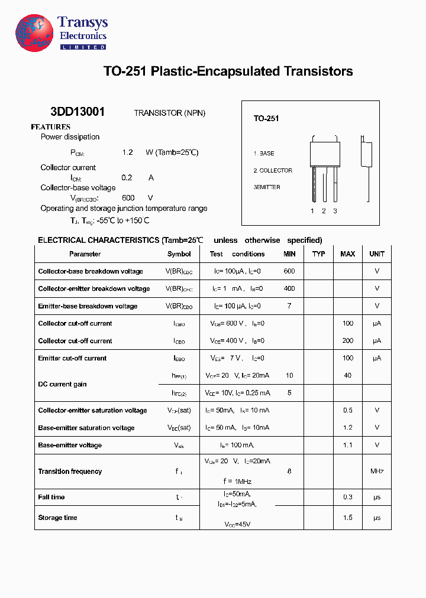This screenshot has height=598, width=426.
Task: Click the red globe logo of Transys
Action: [x=34, y=34]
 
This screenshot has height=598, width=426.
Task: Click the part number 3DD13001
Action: [x=78, y=112]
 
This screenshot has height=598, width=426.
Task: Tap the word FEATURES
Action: [x=50, y=127]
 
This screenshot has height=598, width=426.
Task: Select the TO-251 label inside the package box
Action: [x=266, y=119]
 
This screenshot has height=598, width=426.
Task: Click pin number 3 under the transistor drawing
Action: [x=335, y=211]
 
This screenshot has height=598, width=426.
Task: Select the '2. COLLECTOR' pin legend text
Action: [x=273, y=171]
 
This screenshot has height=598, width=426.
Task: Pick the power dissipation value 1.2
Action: [x=127, y=152]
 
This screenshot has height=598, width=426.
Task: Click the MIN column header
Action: [x=289, y=254]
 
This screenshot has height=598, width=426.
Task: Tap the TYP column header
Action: [x=318, y=254]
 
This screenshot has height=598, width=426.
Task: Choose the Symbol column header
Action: [x=179, y=254]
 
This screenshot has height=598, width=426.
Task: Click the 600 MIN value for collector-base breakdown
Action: [x=289, y=271]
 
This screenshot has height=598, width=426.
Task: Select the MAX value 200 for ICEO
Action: [x=347, y=341]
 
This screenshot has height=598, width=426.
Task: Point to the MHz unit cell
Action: [x=377, y=472]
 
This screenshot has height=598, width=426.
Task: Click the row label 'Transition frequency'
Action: [x=70, y=472]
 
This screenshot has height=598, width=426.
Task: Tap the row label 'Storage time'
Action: [x=57, y=518]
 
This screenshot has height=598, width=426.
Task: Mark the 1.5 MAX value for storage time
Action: [x=347, y=518]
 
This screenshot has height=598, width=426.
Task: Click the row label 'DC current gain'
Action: [x=62, y=384]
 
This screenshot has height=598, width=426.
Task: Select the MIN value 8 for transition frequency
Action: [x=289, y=472]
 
